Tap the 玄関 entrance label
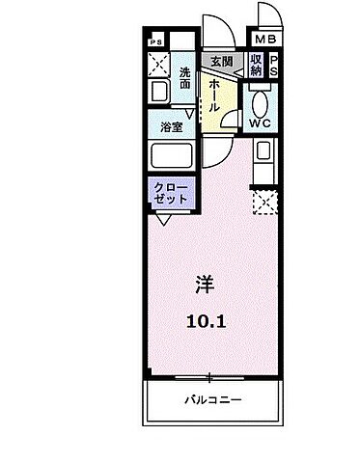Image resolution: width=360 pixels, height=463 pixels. [x=222, y=63]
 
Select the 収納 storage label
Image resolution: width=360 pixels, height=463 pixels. [x=255, y=66]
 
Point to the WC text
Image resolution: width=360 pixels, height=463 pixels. [x=260, y=123]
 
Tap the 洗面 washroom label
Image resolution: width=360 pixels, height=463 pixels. [x=183, y=76]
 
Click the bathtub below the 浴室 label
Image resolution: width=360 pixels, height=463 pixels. [x=172, y=156]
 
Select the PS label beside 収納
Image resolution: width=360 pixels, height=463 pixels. [x=273, y=66]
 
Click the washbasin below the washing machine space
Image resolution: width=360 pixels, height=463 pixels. [x=160, y=95]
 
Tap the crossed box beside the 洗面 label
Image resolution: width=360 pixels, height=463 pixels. [x=158, y=68]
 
